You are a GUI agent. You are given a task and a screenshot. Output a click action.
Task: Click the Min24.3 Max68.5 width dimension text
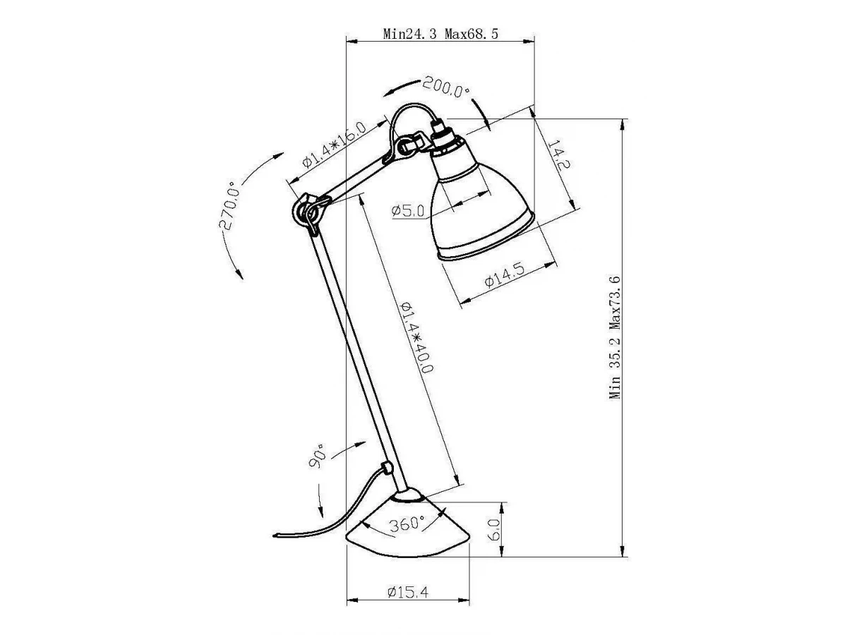440,34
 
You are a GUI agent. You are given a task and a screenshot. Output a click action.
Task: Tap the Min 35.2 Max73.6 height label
615,337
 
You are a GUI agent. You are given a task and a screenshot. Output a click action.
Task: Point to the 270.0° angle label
229,205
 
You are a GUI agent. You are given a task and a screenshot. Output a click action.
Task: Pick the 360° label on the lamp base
407,524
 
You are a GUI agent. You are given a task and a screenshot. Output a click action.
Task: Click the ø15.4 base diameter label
408,592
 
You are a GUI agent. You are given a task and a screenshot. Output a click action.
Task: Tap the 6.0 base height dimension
494,529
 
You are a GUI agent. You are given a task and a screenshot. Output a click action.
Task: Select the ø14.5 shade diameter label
505,275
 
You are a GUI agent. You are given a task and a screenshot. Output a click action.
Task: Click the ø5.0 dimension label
408,210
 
